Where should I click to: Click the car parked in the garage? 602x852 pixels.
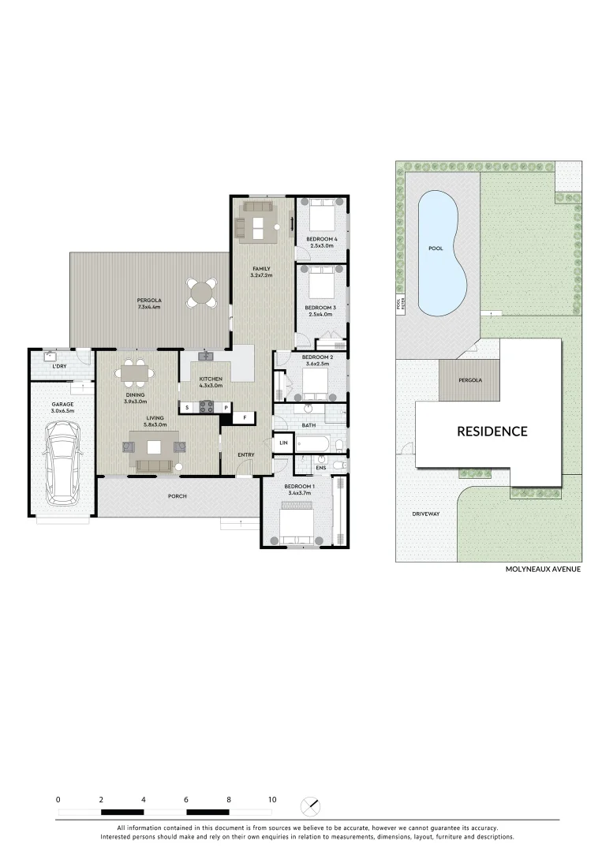coord(62,464)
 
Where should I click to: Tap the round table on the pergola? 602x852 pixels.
coord(203,293)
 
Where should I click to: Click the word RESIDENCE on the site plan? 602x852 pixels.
coord(492,432)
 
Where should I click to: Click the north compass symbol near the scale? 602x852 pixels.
coord(312,807)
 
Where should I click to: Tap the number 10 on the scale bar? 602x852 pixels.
coord(271,799)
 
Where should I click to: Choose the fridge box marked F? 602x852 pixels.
coord(245,417)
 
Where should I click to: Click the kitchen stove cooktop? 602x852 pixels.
coord(208,407)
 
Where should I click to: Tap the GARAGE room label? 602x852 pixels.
coord(63,405)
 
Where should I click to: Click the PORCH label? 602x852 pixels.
coord(178,497)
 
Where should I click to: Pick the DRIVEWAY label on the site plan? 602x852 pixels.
coord(425,514)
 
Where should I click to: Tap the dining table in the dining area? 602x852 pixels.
coord(137,371)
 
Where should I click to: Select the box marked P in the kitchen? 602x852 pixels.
coord(226,407)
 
